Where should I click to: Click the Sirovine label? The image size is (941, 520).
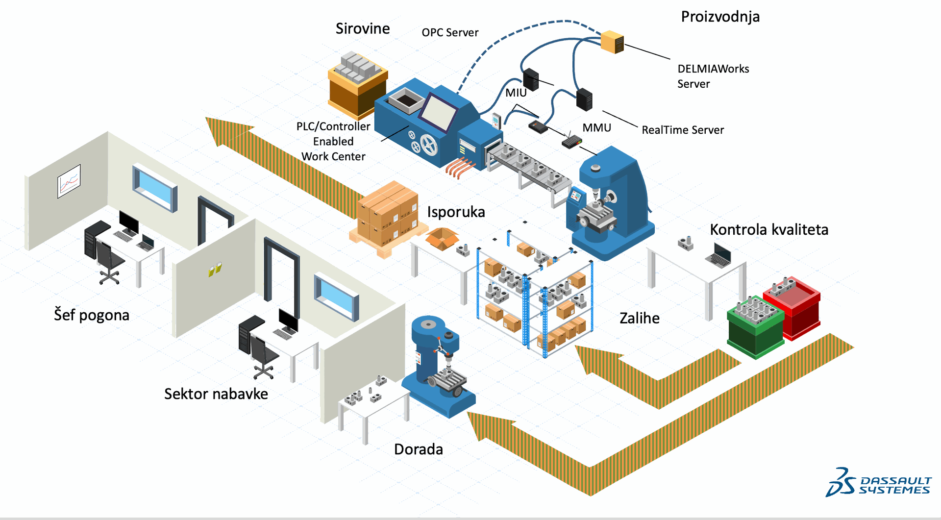coord(363,29)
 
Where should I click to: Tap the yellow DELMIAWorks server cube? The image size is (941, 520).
coord(612,42)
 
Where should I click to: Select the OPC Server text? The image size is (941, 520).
coord(450,33)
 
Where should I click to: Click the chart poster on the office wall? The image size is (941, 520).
coord(69,181)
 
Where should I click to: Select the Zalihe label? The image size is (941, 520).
coord(640,319)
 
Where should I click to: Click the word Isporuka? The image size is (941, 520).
coord(456,212)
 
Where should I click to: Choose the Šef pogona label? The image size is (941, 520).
coord(92,315)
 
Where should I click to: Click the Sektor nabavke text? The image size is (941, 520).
coord(216,394)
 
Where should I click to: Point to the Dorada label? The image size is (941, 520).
coord(418,449)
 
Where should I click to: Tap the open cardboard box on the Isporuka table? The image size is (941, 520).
coord(442,239)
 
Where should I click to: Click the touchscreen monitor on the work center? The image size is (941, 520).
coord(439,112)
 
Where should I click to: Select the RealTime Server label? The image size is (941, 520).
coord(683,130)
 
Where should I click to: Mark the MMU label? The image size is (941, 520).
coord(596,128)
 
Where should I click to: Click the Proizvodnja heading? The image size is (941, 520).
coord(720,17)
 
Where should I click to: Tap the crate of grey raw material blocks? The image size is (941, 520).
coord(358,83)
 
